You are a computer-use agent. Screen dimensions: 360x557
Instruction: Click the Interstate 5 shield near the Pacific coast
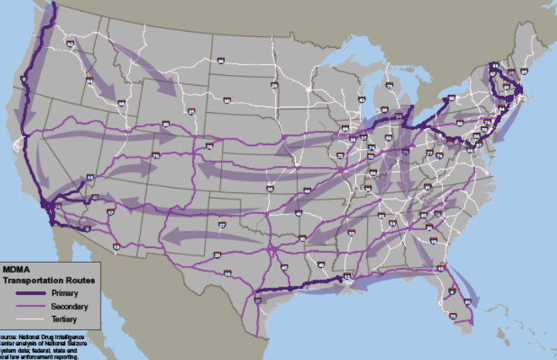click(x=23, y=80)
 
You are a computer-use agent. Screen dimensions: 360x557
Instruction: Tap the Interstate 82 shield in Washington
click(x=71, y=45)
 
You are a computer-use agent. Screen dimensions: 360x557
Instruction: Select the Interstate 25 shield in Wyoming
click(x=191, y=112)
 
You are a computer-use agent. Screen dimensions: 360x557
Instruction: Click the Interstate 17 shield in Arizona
click(x=110, y=212)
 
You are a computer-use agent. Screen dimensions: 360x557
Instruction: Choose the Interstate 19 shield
click(x=116, y=246)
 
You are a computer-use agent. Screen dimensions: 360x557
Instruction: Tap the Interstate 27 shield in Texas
click(x=221, y=225)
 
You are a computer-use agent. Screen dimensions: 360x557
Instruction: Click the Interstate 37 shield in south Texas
click(x=257, y=299)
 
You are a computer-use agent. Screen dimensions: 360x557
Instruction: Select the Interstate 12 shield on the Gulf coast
click(x=347, y=276)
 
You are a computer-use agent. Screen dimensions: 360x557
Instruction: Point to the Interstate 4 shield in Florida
click(x=451, y=291)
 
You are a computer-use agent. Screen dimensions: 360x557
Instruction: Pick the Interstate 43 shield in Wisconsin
click(x=362, y=100)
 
